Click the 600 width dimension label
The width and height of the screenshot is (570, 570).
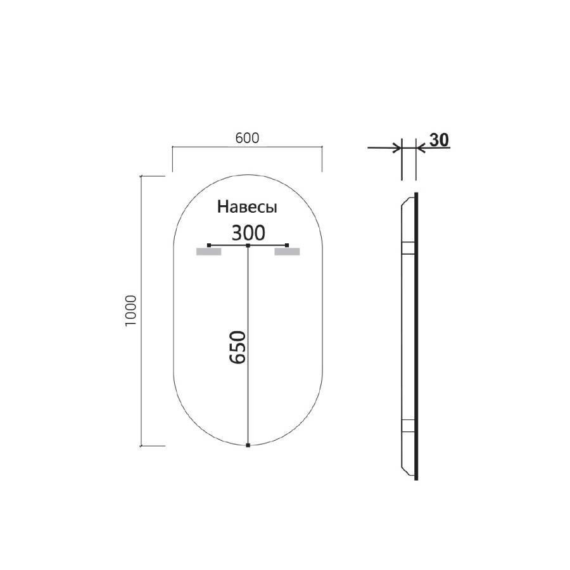click(x=248, y=138)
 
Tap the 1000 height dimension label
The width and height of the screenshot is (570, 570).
click(x=131, y=310)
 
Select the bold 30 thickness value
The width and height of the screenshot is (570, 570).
click(x=438, y=140)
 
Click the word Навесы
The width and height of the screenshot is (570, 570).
click(x=248, y=206)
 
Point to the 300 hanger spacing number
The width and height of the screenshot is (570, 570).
click(x=248, y=233)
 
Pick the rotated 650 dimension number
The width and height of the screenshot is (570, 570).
click(x=237, y=347)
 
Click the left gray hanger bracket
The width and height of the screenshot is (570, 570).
click(x=208, y=252)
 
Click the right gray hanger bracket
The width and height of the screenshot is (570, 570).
click(x=287, y=252)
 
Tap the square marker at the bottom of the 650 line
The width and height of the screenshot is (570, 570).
click(x=248, y=446)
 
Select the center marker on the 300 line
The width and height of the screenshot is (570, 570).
click(x=248, y=244)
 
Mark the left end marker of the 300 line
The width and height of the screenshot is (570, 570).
click(x=208, y=244)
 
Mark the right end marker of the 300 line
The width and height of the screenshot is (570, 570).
click(x=288, y=244)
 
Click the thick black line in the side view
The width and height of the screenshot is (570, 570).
click(x=416, y=336)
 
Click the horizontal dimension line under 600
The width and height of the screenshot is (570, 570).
click(x=248, y=148)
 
